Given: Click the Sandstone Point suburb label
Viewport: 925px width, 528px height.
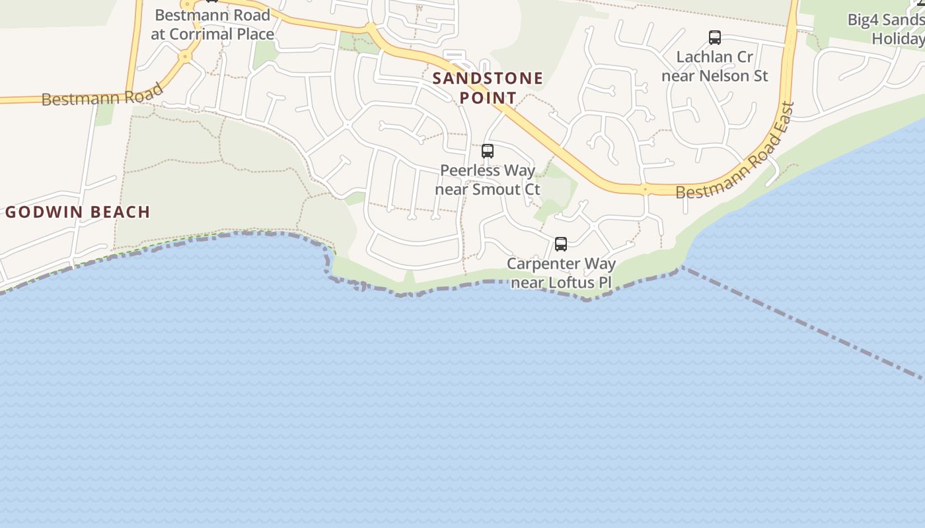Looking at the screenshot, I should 488,88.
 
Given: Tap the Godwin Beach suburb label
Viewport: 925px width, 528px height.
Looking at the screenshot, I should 78,212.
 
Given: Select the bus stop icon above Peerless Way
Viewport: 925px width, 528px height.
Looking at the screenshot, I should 488,151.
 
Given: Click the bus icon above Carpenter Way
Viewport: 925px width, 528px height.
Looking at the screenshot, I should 561,244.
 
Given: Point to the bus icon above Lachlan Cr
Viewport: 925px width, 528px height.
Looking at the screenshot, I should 714,38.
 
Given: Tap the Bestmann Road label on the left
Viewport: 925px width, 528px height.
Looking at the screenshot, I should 102,95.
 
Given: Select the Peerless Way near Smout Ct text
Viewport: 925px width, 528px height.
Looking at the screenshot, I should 488,180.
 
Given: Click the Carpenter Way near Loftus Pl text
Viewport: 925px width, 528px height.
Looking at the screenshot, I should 561,273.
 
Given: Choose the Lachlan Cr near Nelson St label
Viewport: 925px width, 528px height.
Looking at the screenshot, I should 714,66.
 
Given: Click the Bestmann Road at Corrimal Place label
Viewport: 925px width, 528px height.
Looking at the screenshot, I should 212,24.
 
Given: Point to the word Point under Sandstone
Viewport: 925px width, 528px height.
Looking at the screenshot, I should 488,98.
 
